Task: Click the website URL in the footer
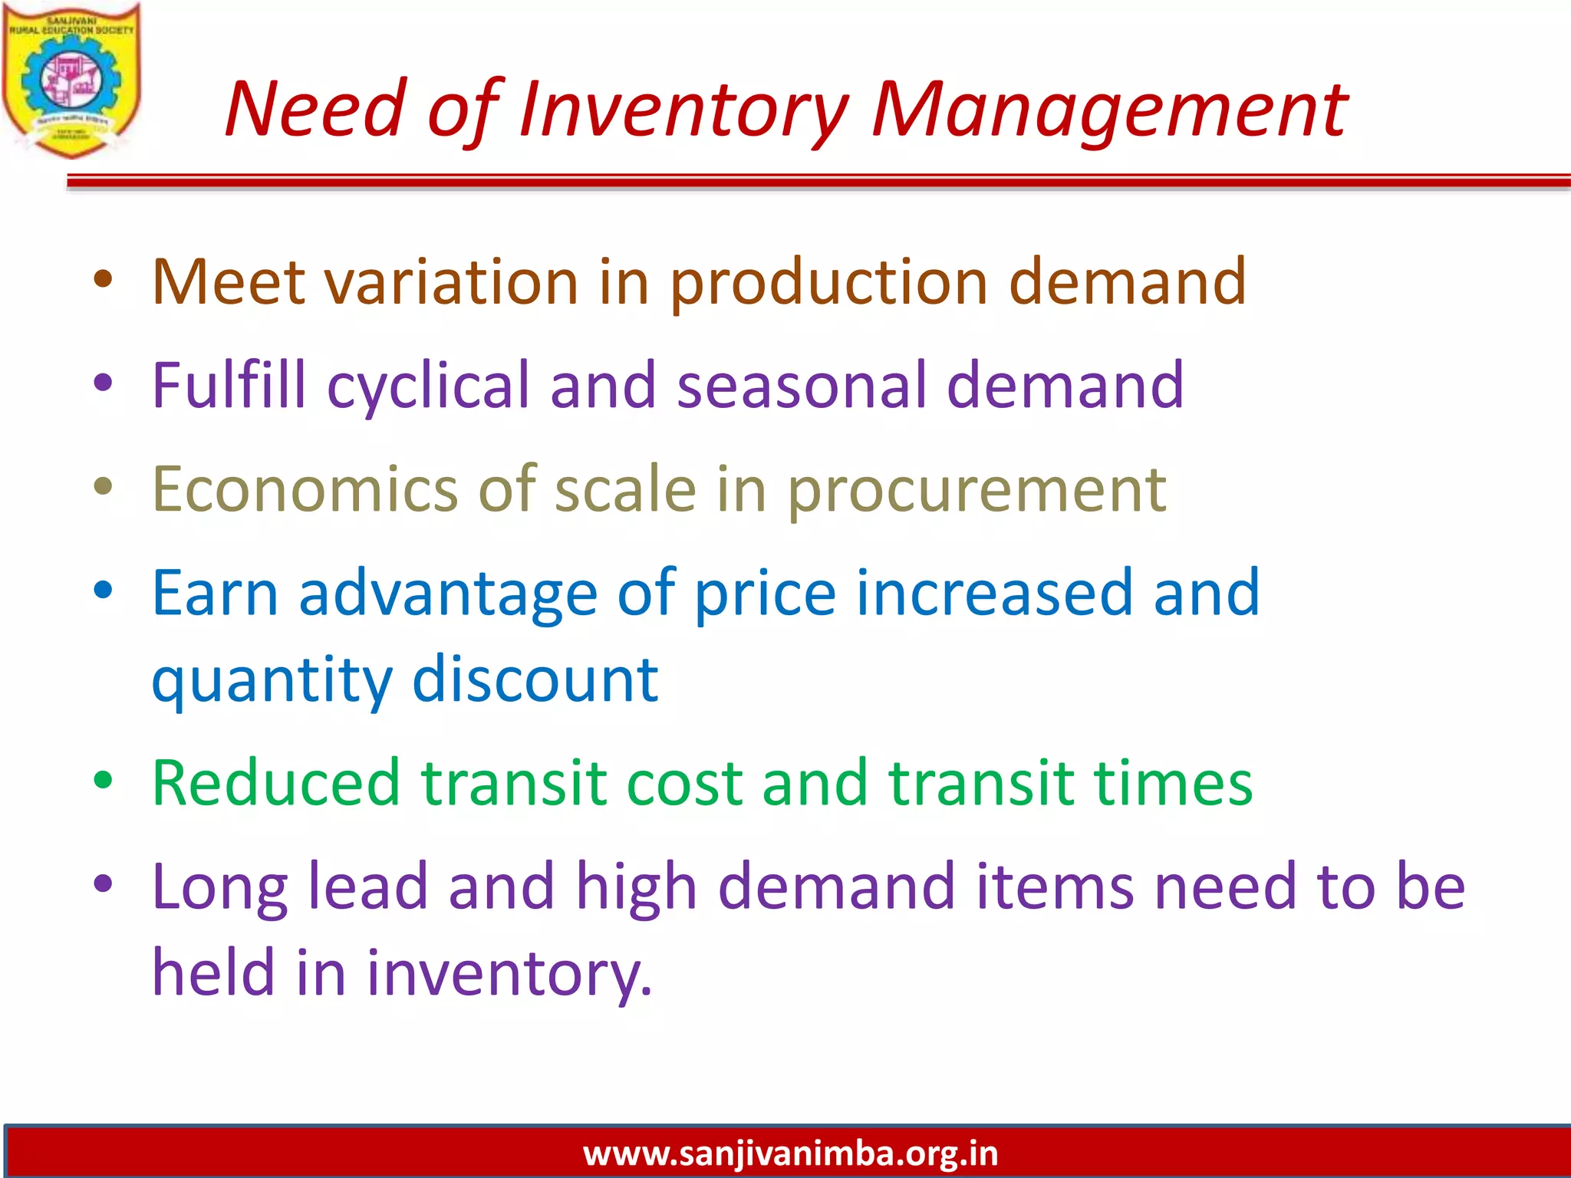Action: click(790, 1153)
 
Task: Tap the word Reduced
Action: click(276, 783)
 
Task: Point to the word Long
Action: click(220, 887)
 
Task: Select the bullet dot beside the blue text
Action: click(103, 590)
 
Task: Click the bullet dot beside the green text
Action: click(103, 780)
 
